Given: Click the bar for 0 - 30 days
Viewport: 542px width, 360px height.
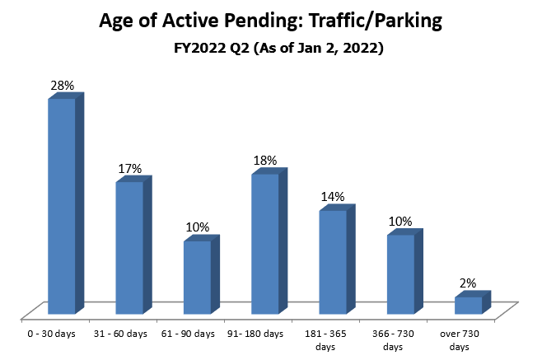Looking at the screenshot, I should click(x=62, y=206).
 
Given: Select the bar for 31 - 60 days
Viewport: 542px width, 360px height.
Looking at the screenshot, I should click(x=129, y=247).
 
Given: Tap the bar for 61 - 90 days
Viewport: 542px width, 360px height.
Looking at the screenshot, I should click(x=197, y=277).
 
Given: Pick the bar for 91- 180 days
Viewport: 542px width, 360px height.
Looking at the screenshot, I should click(x=264, y=244).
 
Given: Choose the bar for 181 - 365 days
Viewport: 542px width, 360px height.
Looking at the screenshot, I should click(x=332, y=262).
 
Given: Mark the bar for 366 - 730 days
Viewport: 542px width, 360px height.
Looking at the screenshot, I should click(x=399, y=274).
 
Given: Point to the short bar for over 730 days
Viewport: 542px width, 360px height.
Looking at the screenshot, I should click(x=467, y=305).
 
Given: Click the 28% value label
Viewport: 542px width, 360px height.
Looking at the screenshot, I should click(x=63, y=86).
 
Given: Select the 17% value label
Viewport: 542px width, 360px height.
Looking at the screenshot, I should click(x=130, y=169).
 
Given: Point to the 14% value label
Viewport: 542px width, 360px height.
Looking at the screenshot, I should click(x=333, y=198).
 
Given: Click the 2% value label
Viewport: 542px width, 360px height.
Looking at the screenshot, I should click(x=468, y=283).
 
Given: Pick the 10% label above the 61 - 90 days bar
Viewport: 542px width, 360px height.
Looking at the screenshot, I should click(x=198, y=227).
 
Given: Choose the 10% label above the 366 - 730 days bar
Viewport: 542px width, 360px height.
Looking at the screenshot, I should click(x=400, y=222).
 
